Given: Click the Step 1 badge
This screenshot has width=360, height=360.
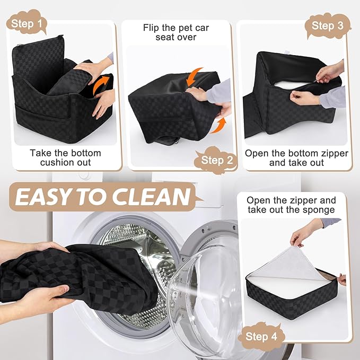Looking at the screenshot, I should [x=27, y=24].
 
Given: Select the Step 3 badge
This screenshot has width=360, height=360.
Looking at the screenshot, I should [x=330, y=25].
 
